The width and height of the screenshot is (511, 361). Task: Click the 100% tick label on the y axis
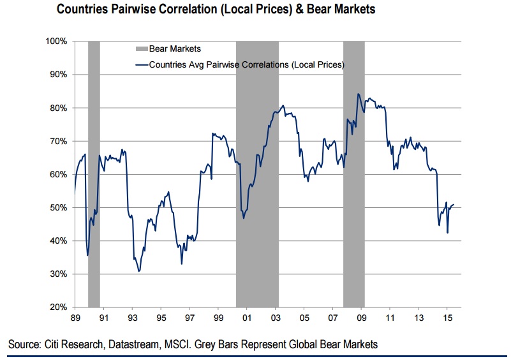pos(57,41)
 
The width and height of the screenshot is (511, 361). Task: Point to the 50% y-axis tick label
pos(59,208)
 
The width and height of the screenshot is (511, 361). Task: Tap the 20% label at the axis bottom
pos(59,307)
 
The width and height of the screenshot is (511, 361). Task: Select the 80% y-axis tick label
pos(59,108)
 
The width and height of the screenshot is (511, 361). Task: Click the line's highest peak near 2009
pos(359,94)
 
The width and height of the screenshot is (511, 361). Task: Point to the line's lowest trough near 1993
pos(138,272)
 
